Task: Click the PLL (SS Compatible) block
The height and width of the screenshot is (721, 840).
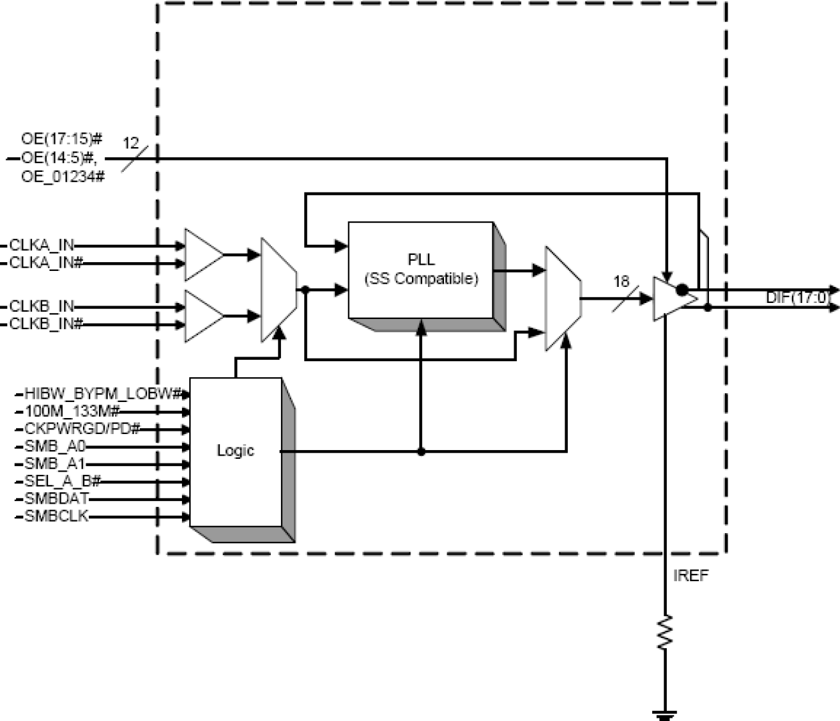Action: pos(421,270)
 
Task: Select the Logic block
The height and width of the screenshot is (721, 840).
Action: pos(235,451)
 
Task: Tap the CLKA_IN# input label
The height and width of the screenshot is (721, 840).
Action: pos(46,263)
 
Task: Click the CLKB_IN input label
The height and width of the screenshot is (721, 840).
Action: pos(42,306)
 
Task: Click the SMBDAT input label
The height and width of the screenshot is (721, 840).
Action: pos(57,499)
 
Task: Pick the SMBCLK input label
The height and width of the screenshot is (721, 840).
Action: pos(57,516)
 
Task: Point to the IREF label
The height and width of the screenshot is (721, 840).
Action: pos(690,576)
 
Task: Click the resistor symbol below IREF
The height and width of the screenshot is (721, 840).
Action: pos(665,632)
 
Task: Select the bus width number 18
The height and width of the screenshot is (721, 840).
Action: pos(621,282)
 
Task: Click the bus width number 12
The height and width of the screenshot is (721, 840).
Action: pos(131,143)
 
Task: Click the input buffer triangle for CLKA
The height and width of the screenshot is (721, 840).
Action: pos(203,255)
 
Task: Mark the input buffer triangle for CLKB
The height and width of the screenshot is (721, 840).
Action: pos(203,315)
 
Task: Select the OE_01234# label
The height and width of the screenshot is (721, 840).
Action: pos(63,178)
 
